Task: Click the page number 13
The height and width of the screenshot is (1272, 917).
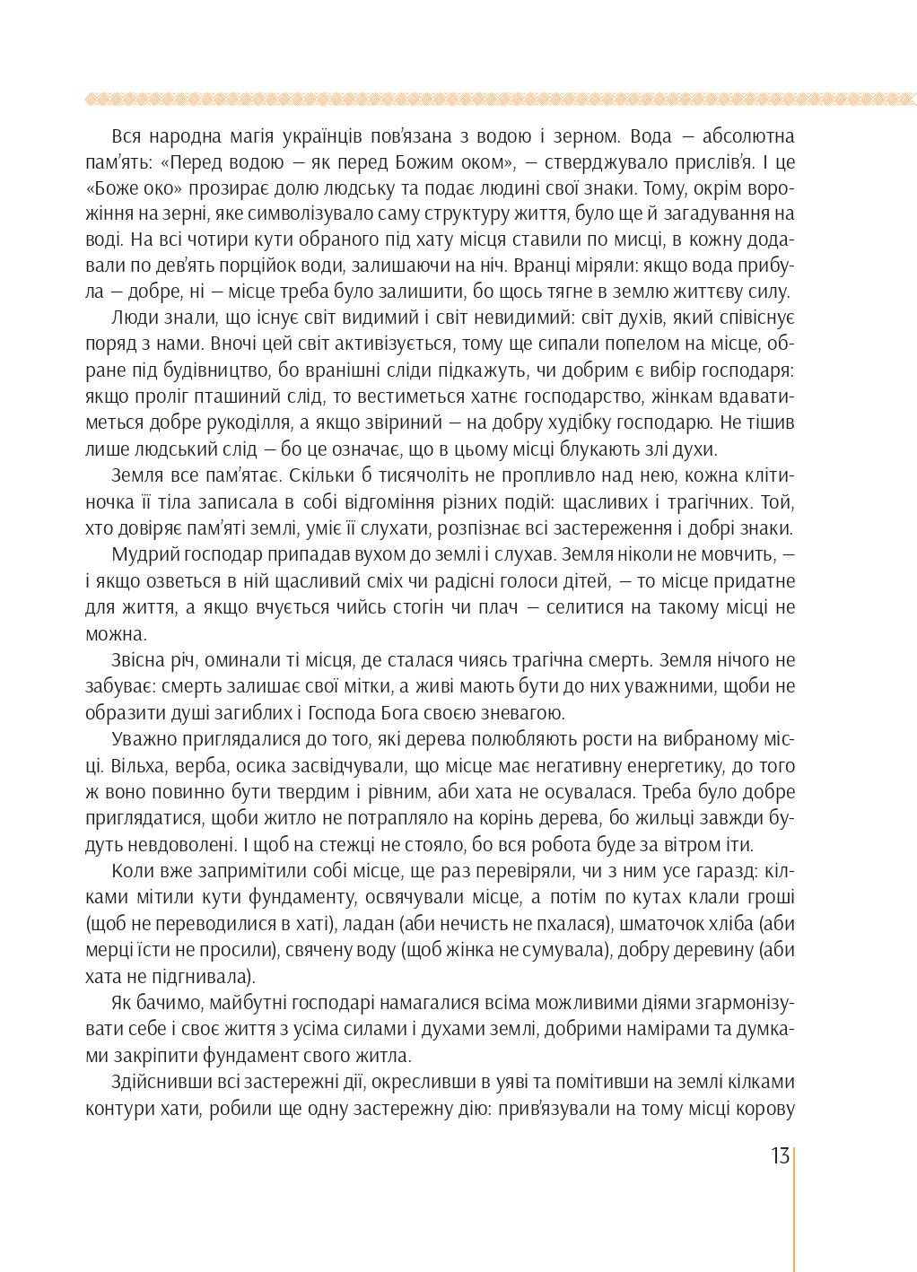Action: pyautogui.click(x=779, y=1155)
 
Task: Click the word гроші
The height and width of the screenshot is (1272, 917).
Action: pyautogui.click(x=771, y=898)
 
